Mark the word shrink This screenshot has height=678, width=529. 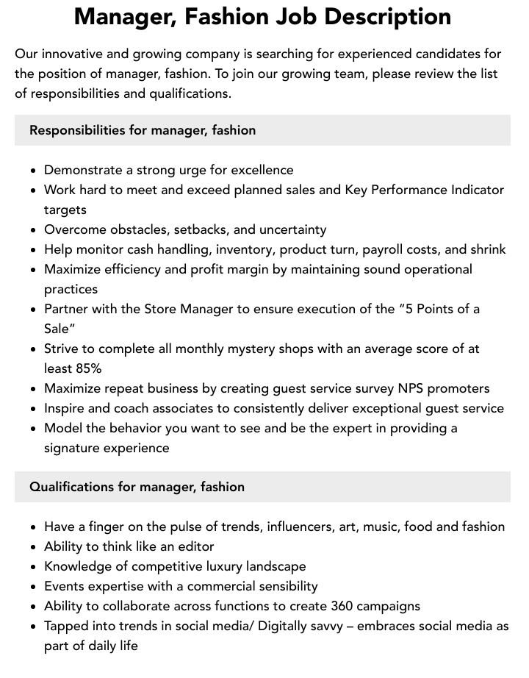pos(486,249)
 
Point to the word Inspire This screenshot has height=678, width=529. pos(65,408)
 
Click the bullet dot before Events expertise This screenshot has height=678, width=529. pos(34,587)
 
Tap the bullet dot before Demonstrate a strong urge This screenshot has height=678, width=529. pos(34,171)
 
